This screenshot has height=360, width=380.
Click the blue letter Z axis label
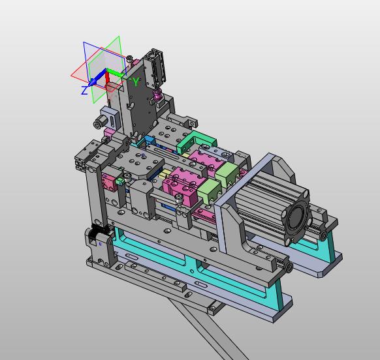tap(84, 90)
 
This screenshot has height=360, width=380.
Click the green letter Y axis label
tap(136, 82)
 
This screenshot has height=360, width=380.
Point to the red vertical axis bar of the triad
tap(107, 78)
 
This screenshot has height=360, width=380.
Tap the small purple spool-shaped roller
tap(158, 94)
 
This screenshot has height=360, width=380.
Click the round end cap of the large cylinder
tap(296, 215)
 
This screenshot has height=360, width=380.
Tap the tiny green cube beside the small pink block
tap(120, 181)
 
